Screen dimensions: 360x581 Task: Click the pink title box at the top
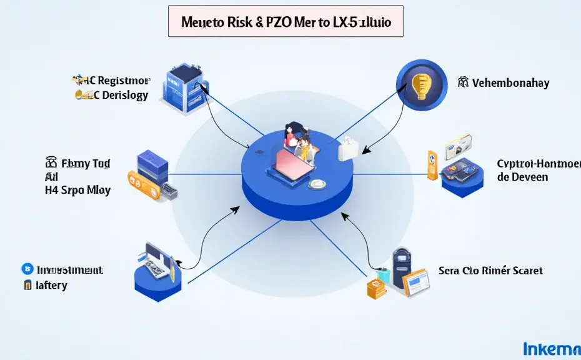click(x=286, y=22)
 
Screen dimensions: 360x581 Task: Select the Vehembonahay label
click(x=510, y=82)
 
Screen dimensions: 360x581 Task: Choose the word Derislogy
click(x=124, y=95)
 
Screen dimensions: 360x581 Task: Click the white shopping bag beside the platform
click(x=348, y=149)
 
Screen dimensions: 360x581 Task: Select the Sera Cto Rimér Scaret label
click(x=490, y=271)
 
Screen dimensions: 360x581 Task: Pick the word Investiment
click(x=69, y=270)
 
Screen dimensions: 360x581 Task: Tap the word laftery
click(x=51, y=285)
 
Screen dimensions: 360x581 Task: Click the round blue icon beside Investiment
click(x=27, y=269)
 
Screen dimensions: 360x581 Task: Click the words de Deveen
click(x=522, y=177)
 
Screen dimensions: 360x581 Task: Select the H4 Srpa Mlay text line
click(x=78, y=191)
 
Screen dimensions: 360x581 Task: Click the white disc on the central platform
click(x=318, y=184)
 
